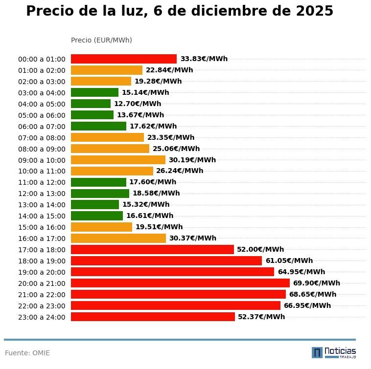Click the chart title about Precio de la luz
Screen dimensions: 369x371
[x=180, y=11]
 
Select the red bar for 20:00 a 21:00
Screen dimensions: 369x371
[x=180, y=283]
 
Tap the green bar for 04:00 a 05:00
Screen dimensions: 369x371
[x=91, y=104]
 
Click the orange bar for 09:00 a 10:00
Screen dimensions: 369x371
[x=118, y=160]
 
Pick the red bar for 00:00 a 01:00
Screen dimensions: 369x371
[x=124, y=59]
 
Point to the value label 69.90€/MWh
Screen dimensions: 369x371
[x=316, y=283]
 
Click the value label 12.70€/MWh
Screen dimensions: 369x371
[x=138, y=104]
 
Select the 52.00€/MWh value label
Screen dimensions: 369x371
[x=260, y=249]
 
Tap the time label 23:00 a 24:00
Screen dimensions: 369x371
[x=42, y=317]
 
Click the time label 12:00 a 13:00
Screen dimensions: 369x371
[x=42, y=194]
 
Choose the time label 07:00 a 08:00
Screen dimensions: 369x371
[x=42, y=138]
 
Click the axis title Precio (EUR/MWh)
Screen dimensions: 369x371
[x=101, y=40]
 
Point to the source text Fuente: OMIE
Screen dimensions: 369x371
[x=27, y=353]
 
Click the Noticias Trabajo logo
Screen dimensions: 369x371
[x=334, y=352]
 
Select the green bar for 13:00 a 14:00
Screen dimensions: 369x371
[x=95, y=204]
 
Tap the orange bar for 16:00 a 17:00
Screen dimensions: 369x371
[x=118, y=238]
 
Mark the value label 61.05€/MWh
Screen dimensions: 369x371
[x=289, y=260]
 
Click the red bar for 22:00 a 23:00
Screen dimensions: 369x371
[x=176, y=305]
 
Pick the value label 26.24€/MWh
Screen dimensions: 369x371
[x=180, y=171]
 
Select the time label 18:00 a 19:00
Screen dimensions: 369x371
[x=42, y=261]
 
